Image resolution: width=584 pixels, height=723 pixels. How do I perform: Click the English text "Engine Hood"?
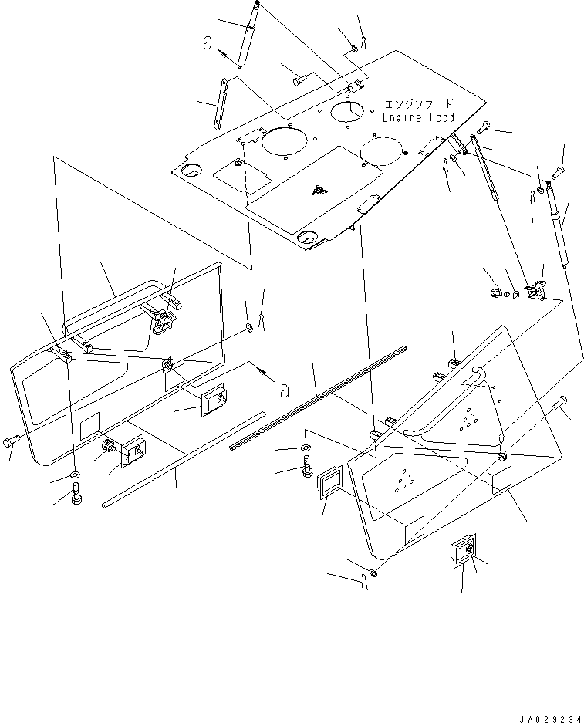pyautogui.click(x=419, y=117)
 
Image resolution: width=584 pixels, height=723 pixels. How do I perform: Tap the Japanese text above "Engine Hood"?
pyautogui.click(x=419, y=103)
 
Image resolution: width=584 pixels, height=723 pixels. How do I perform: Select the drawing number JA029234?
pyautogui.click(x=550, y=718)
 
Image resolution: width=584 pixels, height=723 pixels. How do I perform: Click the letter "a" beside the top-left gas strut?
pyautogui.click(x=208, y=43)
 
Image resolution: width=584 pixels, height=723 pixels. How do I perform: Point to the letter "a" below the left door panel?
pyautogui.click(x=285, y=391)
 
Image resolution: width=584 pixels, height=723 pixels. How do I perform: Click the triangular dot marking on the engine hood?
pyautogui.click(x=318, y=190)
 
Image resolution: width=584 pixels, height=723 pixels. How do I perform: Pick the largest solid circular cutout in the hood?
pyautogui.click(x=284, y=140)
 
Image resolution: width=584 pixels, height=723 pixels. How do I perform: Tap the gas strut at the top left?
pyautogui.click(x=248, y=35)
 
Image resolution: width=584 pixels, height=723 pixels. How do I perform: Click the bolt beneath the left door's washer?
pyautogui.click(x=76, y=495)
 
